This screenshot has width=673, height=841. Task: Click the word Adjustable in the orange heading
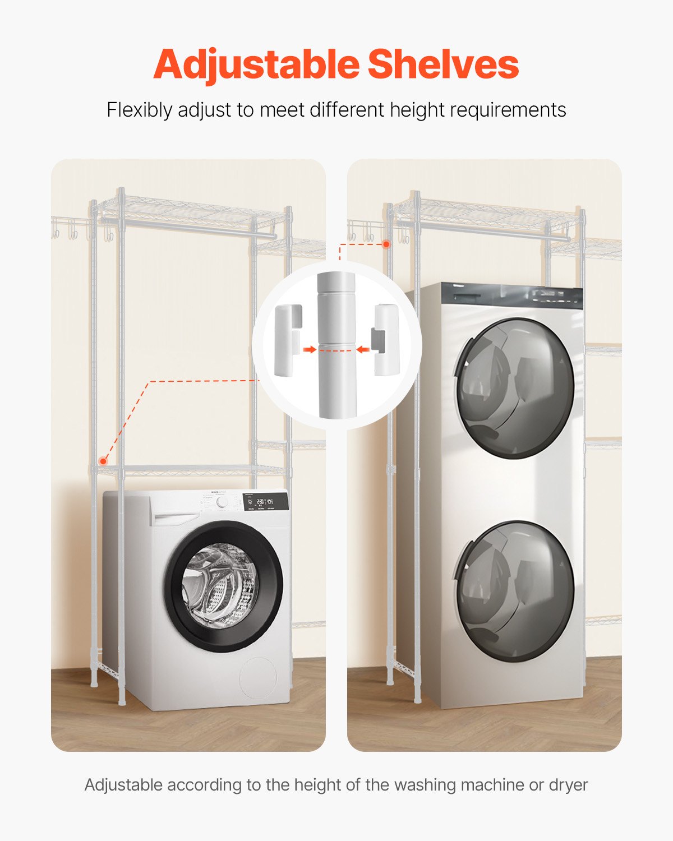pyautogui.click(x=256, y=65)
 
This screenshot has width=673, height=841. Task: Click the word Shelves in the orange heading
pyautogui.click(x=443, y=65)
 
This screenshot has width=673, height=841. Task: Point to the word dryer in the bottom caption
pyautogui.click(x=568, y=784)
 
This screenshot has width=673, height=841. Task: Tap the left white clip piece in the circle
pyautogui.click(x=288, y=340)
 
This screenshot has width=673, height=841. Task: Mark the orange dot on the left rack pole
pyautogui.click(x=103, y=461)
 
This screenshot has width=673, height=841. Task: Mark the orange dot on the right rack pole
pyautogui.click(x=386, y=244)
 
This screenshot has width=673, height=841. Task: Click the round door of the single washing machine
pyautogui.click(x=223, y=586)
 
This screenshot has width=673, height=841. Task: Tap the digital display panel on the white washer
pyautogui.click(x=265, y=502)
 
